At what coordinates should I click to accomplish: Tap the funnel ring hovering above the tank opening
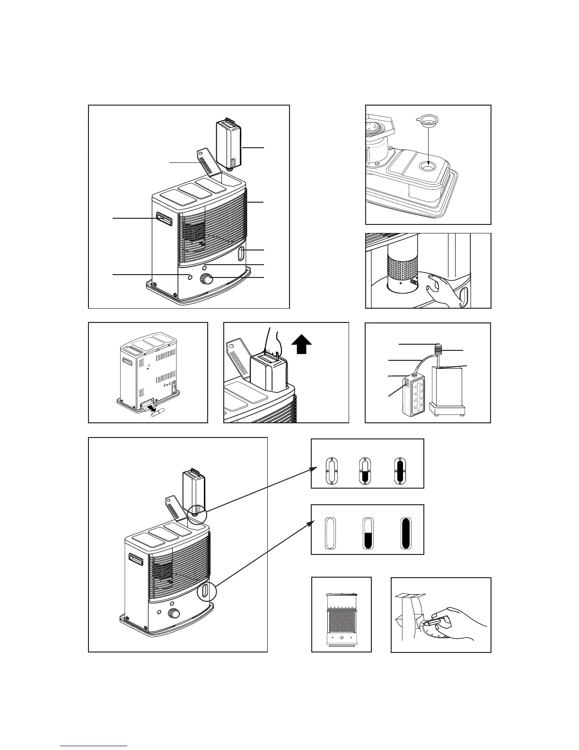(x=428, y=123)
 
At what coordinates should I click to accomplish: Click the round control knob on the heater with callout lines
(x=206, y=279)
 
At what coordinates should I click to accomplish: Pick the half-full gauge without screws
(x=368, y=533)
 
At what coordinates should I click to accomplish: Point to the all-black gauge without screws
(x=406, y=533)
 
